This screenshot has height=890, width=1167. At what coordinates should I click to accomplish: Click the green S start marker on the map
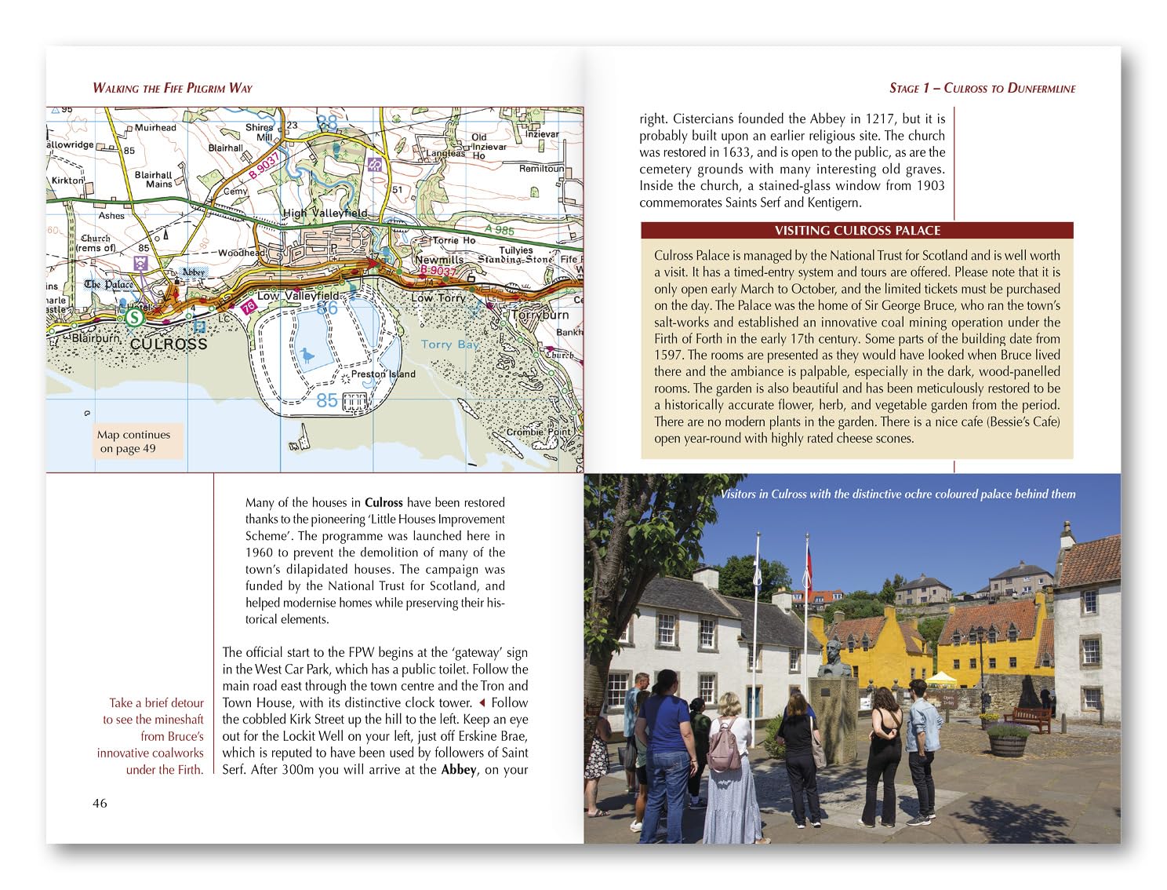tap(135, 317)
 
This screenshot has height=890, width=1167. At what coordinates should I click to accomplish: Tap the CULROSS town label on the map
tap(168, 344)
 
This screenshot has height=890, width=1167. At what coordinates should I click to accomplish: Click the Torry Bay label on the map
tap(449, 344)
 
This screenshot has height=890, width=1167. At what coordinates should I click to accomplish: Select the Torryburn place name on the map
tap(540, 315)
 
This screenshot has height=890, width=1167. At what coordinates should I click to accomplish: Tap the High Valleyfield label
tap(325, 213)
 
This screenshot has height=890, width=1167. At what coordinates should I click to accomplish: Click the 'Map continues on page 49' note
tap(133, 442)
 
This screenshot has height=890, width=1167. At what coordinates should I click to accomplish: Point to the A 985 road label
tap(499, 229)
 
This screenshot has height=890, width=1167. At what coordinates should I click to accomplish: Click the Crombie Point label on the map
tap(539, 432)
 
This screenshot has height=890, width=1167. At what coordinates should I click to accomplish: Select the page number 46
tap(100, 803)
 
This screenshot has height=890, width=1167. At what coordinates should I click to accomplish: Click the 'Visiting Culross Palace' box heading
tap(857, 231)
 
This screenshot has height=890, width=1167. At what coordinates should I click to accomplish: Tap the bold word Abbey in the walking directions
tap(459, 770)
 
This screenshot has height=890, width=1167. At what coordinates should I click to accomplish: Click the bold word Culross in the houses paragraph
tap(384, 503)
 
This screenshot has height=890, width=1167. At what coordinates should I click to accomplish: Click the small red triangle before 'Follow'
tap(482, 703)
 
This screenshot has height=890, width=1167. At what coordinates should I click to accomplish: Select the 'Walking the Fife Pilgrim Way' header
tap(173, 88)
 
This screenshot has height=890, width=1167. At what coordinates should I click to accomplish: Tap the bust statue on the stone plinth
tap(834, 658)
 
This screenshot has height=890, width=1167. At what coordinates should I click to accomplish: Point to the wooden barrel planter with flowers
tap(1007, 741)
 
